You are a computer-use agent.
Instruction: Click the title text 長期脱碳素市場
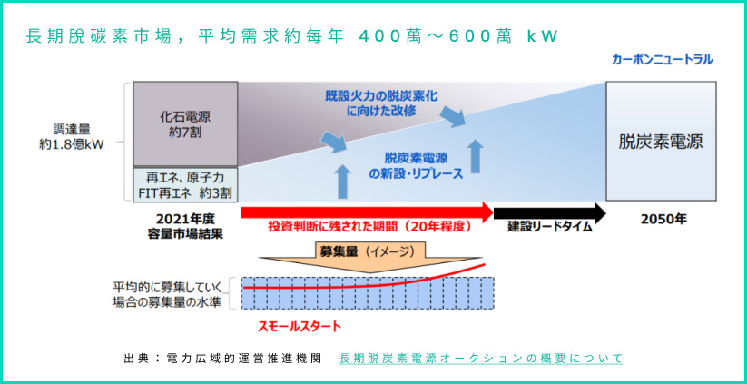tap(98, 37)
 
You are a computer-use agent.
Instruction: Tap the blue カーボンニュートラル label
tap(663, 60)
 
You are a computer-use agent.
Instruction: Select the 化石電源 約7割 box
tap(185, 123)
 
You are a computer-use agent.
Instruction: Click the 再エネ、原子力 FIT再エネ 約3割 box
tap(185, 185)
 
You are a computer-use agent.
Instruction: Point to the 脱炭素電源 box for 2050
tap(661, 141)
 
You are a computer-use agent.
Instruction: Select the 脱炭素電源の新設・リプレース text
tap(416, 166)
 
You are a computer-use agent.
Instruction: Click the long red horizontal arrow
tap(368, 212)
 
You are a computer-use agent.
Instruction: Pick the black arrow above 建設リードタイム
tap(550, 212)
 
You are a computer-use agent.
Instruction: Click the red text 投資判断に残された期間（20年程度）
tap(369, 227)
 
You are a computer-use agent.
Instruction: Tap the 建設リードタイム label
tap(549, 227)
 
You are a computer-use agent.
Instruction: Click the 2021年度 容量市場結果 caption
tap(185, 226)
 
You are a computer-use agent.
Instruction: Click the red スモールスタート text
tap(300, 327)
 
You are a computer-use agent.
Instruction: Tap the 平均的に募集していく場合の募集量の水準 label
tap(167, 295)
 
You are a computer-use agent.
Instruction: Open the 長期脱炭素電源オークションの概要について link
tap(481, 359)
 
